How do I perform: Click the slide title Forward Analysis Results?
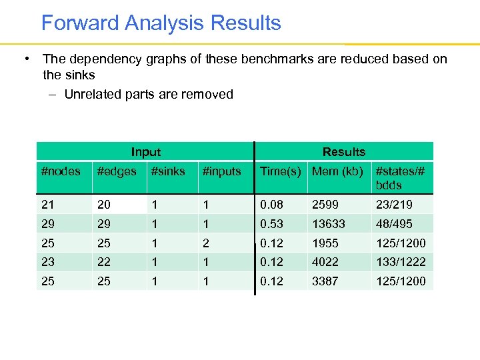coord(161,23)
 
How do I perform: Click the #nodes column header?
coord(61,171)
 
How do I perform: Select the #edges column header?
coord(117,171)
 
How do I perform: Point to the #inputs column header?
coord(222,171)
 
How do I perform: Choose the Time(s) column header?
coord(281,171)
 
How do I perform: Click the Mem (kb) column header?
coord(337,171)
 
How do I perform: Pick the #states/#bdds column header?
coord(400,178)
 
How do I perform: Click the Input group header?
coord(145,152)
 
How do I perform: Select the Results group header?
coord(344,152)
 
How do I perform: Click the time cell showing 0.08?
coord(271,205)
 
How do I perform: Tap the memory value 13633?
coord(329,224)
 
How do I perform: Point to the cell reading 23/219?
coord(395,205)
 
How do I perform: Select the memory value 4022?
coord(325,262)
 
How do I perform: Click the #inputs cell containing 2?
coord(206,243)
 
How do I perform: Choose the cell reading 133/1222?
coord(401,262)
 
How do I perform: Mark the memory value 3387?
coord(325,281)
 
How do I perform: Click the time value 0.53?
coord(271,224)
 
